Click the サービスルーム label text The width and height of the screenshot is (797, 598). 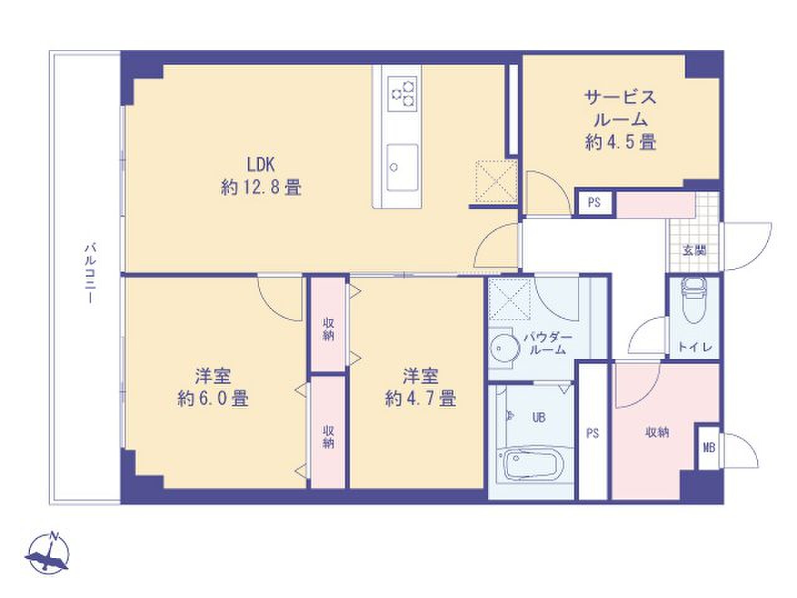point(620,108)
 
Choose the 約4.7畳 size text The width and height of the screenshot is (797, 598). point(420,398)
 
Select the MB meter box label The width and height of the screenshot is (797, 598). point(709,447)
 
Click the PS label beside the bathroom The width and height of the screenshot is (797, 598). point(592,432)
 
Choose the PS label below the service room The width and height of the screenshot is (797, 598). point(594,203)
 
